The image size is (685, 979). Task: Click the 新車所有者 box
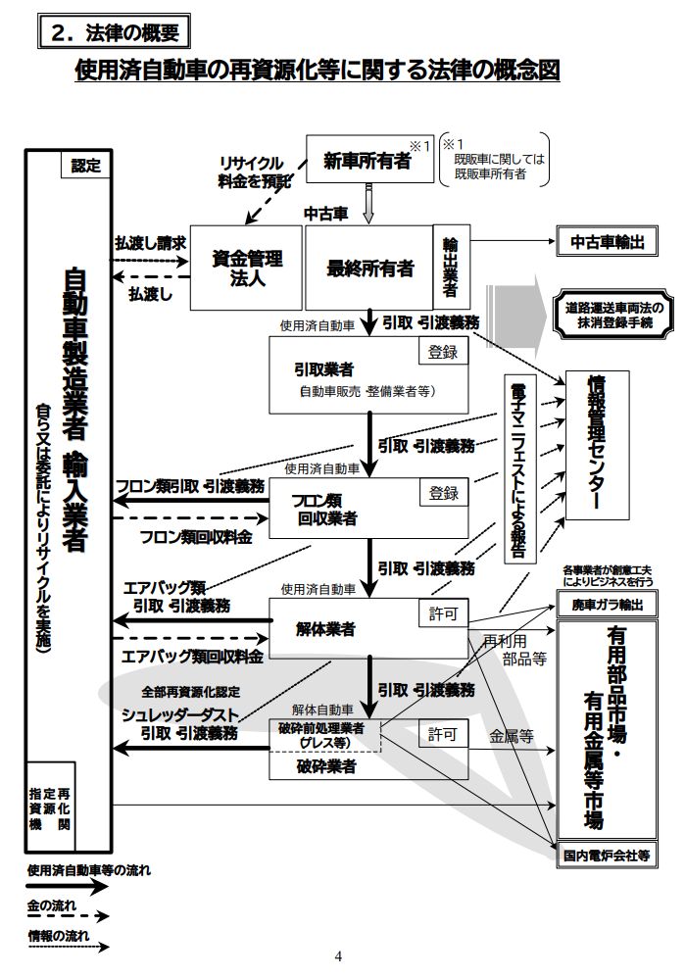368,162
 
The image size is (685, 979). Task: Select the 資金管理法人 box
247,267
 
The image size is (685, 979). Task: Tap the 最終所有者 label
369,268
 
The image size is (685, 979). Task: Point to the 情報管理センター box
597,441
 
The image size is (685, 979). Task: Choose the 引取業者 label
323,369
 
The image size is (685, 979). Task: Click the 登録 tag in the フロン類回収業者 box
443,494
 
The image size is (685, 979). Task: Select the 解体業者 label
325,627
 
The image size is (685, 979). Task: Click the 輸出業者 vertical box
451,266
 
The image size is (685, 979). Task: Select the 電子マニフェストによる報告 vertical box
517,467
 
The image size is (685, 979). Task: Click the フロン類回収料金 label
196,537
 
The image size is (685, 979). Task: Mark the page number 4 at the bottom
338,956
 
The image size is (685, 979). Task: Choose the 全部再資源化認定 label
189,691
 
